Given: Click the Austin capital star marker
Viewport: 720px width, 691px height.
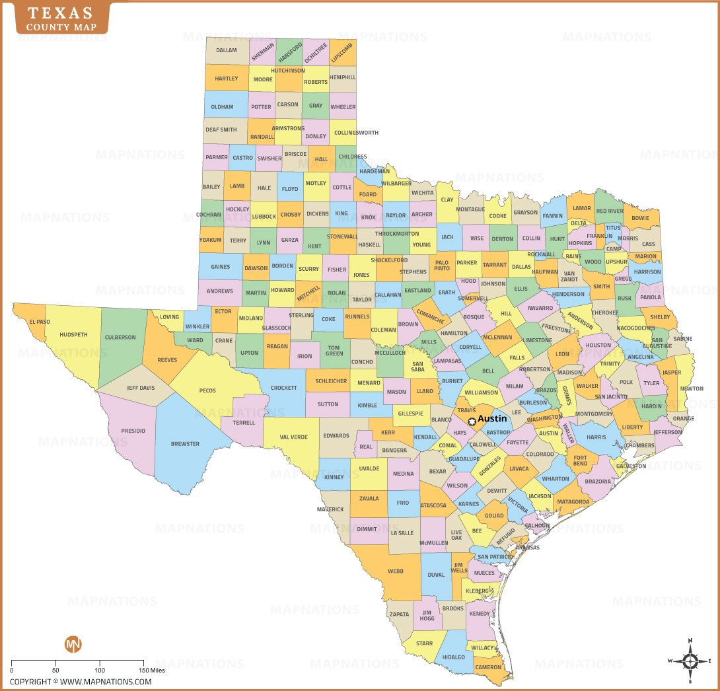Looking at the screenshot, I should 472,421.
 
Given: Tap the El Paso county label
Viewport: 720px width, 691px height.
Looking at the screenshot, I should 39,322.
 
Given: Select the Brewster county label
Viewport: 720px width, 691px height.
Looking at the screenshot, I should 185,444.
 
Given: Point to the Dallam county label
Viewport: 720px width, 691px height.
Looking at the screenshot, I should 227,50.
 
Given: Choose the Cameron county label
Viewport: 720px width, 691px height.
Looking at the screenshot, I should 489,667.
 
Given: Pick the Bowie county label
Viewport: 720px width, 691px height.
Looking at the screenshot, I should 640,218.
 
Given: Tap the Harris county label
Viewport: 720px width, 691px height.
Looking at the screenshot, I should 596,437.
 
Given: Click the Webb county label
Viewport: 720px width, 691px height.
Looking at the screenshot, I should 396,571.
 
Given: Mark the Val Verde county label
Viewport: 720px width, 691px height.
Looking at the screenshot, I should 294,437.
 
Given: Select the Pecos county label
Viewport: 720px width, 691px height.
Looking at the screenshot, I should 207,390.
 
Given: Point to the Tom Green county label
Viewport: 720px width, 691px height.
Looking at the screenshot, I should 334,350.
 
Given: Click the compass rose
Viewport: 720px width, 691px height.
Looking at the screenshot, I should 690,661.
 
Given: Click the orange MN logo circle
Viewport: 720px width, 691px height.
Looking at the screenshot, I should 73,644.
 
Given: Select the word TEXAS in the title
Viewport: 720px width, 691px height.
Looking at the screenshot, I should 59,14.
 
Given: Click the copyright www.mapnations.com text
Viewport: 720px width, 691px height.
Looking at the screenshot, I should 81,682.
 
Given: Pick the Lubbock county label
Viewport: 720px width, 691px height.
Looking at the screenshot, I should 264,216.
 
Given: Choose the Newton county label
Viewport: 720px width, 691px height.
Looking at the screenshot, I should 692,389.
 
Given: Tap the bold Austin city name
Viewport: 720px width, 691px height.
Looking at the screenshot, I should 492,419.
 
